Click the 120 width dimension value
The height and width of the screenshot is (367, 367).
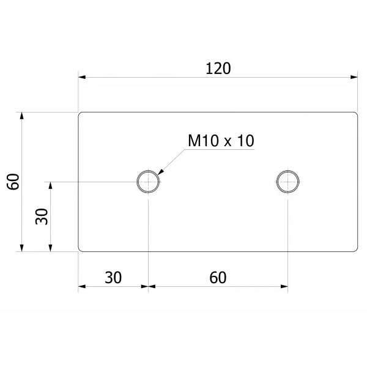click(218, 69)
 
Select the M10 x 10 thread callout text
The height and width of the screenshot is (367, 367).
click(221, 141)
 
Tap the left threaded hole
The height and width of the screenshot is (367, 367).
click(148, 182)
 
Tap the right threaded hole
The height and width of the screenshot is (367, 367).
click(287, 182)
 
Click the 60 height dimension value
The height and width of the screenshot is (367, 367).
click(13, 182)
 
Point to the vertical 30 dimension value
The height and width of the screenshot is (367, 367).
click(42, 217)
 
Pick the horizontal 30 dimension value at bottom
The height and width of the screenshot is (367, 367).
click(113, 278)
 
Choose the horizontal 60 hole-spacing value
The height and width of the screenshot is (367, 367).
click(218, 278)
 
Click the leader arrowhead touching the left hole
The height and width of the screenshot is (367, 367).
click(160, 171)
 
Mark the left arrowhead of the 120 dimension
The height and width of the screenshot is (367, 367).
click(82, 77)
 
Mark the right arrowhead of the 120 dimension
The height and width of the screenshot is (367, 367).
click(354, 77)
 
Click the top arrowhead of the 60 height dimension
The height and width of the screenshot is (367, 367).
click(22, 116)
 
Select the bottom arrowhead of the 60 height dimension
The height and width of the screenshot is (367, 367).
click(22, 248)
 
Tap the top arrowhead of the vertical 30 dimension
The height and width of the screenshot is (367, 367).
click(50, 185)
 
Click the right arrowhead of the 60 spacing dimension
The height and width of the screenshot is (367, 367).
click(284, 286)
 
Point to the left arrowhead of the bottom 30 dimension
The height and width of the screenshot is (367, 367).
click(82, 286)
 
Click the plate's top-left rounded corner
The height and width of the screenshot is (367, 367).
click(80, 113)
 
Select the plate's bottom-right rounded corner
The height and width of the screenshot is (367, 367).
click(357, 250)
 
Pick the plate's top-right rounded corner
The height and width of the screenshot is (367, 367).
click(357, 113)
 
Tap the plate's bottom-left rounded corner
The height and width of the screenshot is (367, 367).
click(80, 250)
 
